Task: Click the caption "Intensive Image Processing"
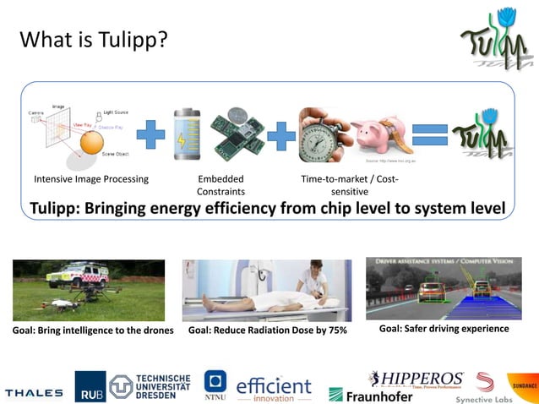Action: coord(91,179)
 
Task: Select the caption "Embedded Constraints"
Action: coord(220,185)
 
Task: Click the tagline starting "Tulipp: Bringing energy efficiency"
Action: coord(267,208)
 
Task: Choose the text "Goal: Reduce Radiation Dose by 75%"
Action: coord(268,330)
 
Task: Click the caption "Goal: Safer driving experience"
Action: coord(444,328)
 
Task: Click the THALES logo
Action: coord(34,392)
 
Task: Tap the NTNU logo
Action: coord(215,385)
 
